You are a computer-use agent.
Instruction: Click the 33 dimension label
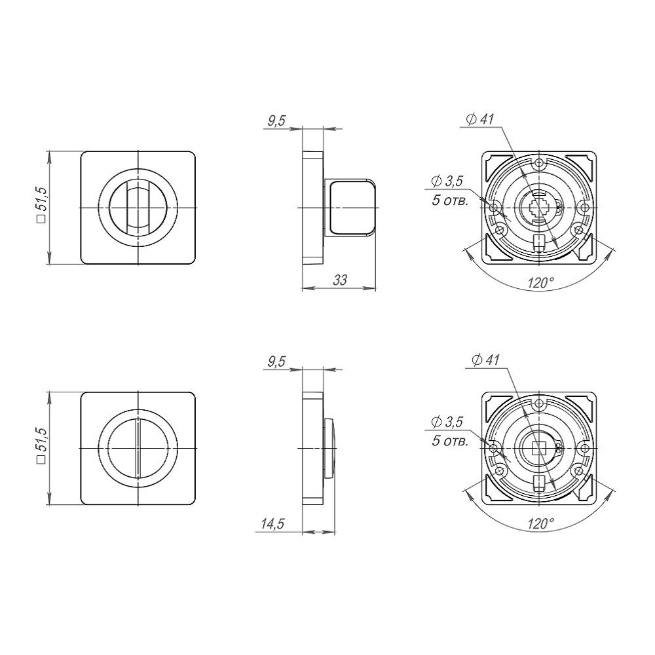(340, 280)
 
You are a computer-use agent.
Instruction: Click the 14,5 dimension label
(272, 523)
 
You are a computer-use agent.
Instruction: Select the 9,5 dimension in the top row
(276, 121)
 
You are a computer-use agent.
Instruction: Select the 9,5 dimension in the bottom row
(276, 362)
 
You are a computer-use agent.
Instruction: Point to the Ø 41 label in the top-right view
(479, 119)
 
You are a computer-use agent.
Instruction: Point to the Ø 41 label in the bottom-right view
(485, 360)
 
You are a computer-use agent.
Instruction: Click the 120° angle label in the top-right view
(540, 283)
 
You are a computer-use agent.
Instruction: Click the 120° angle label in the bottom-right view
(540, 523)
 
